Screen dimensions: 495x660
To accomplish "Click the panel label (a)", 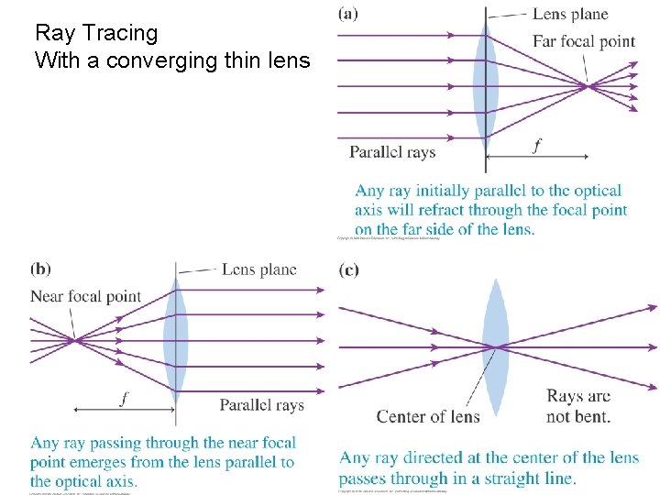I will coord(348,13).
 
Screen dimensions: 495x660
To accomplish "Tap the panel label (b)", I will coord(40,269).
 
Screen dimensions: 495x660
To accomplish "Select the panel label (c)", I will coord(348,269).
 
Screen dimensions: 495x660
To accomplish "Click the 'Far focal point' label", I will coord(583,41).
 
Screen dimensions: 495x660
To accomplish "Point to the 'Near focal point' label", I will coord(85,296).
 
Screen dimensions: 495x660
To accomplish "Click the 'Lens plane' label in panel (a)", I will coord(569,14).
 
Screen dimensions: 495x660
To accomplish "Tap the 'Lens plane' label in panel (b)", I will coord(258,269).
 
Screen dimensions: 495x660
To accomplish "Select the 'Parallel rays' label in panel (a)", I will coord(392,152).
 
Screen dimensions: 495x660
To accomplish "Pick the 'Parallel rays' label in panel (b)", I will coord(261,405).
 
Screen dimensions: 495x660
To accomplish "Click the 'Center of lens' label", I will coord(428,416).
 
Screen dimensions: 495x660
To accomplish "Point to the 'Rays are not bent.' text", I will coord(578,406).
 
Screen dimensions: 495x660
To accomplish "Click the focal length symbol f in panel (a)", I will coord(536,146).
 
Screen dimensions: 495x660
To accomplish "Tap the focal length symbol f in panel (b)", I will coord(124,398).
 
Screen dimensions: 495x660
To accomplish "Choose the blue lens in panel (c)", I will coord(495,346).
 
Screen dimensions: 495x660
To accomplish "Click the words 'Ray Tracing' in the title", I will coord(96,34).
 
